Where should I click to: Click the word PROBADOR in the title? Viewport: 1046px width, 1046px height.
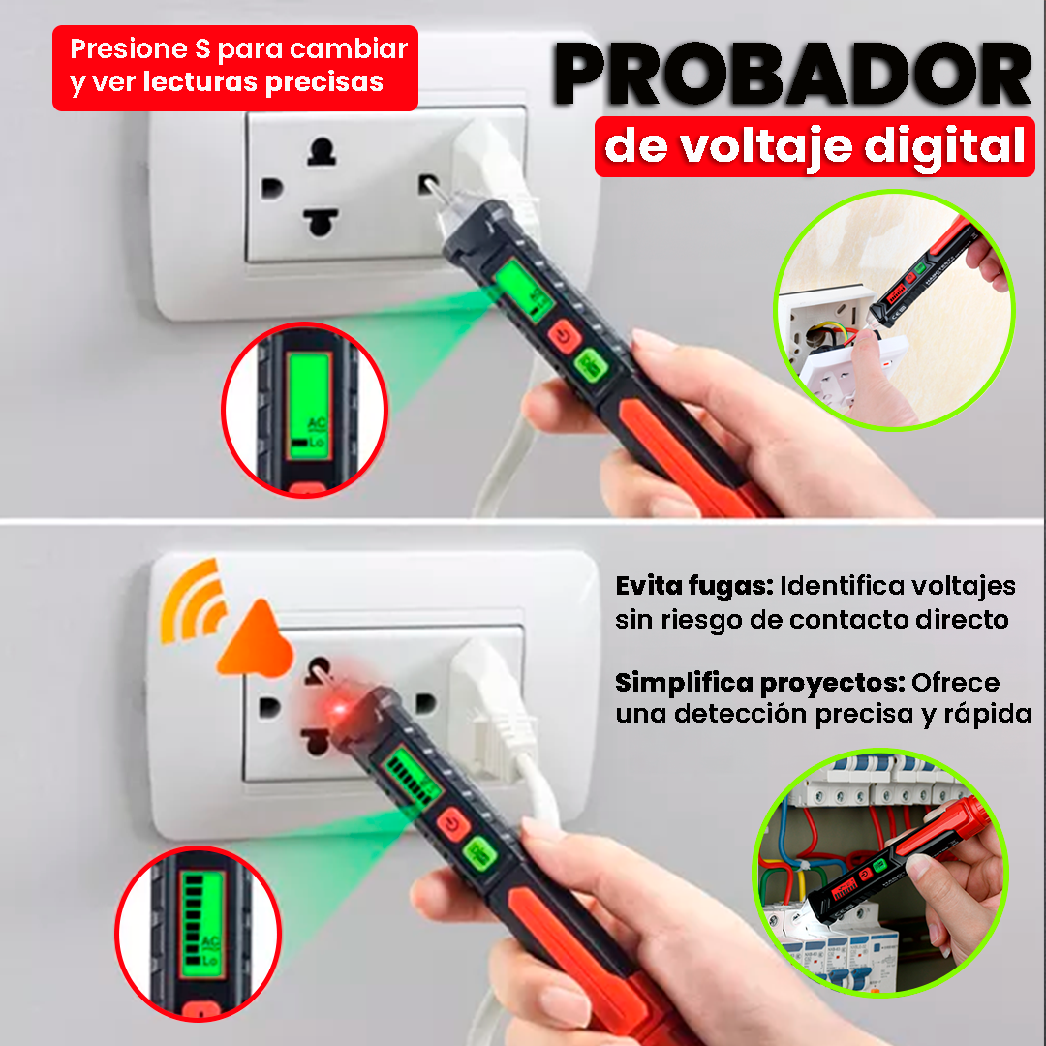coord(792,74)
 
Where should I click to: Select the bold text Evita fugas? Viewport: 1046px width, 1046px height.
coord(693,586)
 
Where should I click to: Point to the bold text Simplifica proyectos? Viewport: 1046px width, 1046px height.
coord(760,683)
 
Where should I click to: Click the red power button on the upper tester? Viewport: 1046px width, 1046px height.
coord(565,336)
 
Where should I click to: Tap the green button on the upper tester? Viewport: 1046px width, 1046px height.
coord(591,365)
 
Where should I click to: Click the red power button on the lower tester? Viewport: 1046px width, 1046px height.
coord(453,824)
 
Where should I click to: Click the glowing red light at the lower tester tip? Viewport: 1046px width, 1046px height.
coord(339,708)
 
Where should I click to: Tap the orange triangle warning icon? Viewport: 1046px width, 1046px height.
coord(257,640)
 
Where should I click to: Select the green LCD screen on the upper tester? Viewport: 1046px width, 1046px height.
coord(524,291)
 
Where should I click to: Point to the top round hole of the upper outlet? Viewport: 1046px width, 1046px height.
coord(322,152)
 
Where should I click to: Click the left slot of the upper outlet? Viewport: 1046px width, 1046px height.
coord(272,188)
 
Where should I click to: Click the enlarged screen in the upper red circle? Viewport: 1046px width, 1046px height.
coord(310,406)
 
